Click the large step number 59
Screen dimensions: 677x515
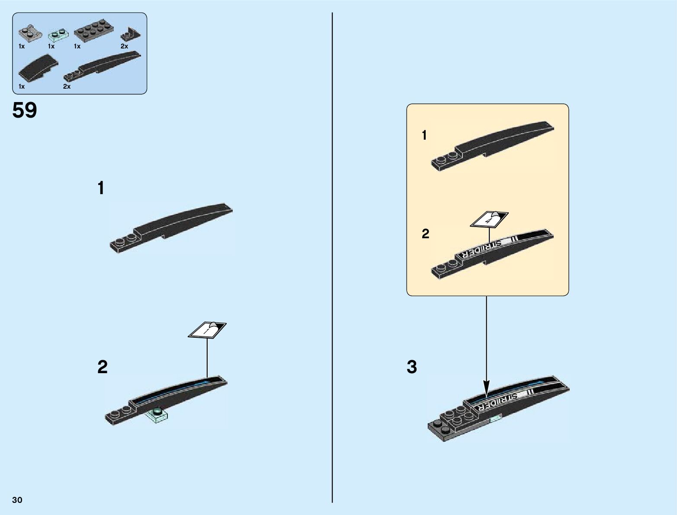click(x=25, y=111)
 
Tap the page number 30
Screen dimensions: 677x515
click(x=17, y=500)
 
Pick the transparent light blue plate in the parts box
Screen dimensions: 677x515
click(x=58, y=35)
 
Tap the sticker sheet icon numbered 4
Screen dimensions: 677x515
click(x=489, y=219)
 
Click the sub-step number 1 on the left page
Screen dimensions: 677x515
click(x=101, y=189)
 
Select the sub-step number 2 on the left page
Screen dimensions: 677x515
click(x=102, y=367)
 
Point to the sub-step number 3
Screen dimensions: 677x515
click(x=412, y=367)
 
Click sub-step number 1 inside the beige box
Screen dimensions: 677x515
click(x=424, y=135)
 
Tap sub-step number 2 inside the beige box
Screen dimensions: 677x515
click(x=426, y=234)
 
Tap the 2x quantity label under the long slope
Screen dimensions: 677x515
click(x=67, y=86)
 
